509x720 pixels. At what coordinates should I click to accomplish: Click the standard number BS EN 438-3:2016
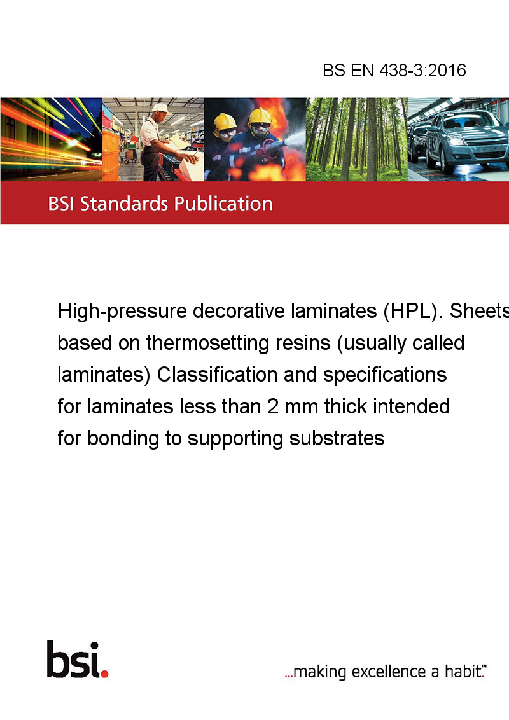point(394,70)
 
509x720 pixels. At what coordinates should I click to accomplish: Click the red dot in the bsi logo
point(104,674)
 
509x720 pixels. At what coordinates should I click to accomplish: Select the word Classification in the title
point(218,375)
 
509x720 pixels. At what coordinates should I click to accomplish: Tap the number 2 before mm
point(273,406)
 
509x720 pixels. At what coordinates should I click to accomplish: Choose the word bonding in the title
point(123,439)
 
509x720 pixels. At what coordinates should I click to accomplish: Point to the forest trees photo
point(356,139)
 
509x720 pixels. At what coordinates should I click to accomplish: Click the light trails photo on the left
point(51,139)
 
